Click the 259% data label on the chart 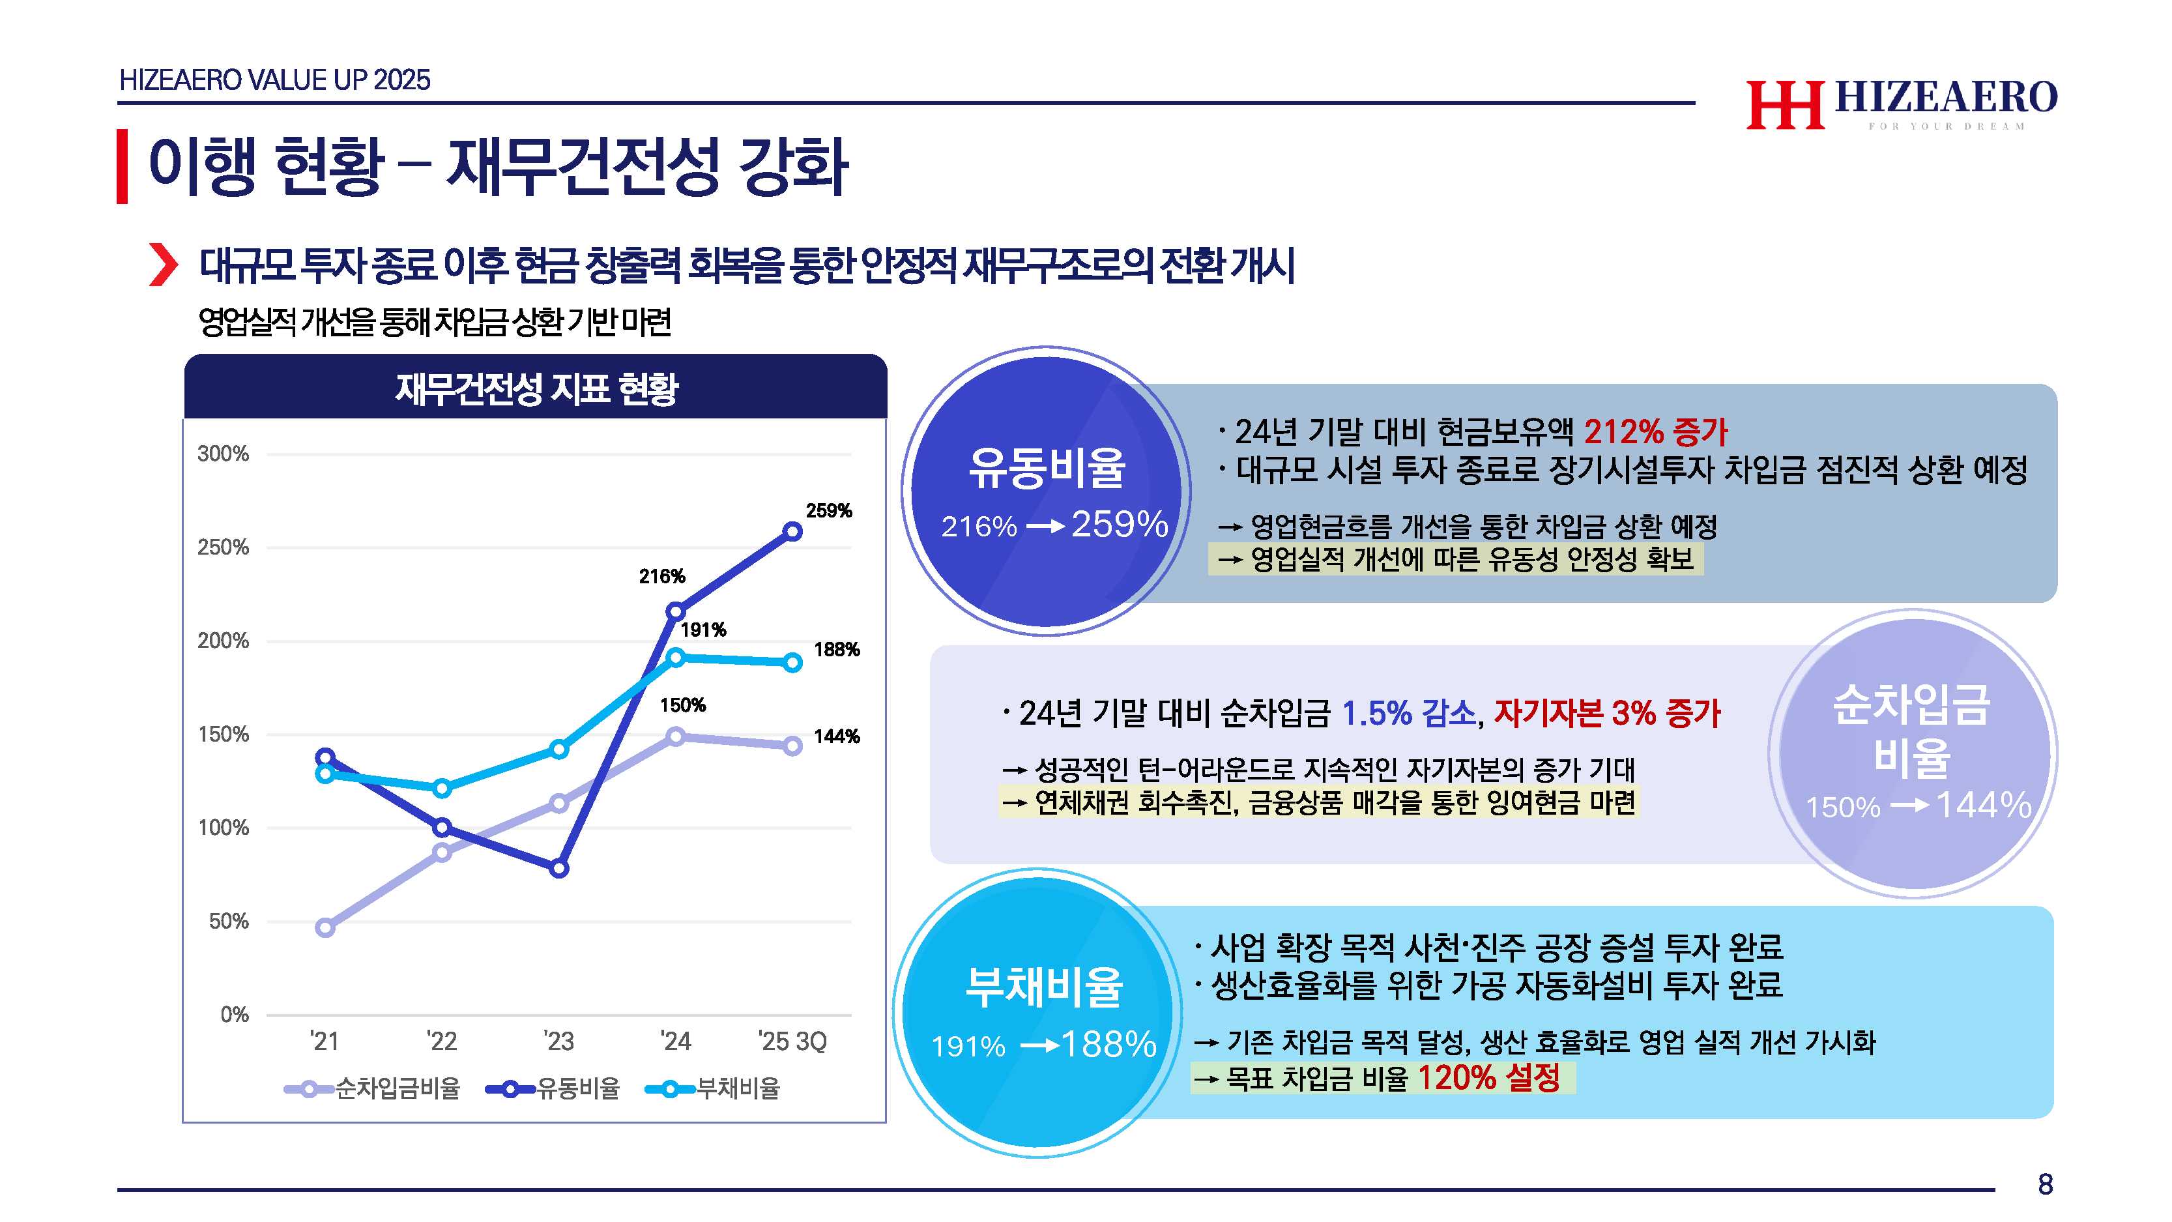pos(828,510)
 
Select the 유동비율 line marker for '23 pos(559,868)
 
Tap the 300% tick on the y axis pos(224,454)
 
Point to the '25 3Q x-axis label pos(792,1041)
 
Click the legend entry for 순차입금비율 pos(372,1089)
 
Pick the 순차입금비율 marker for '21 pos(325,927)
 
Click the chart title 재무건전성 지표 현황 pos(536,389)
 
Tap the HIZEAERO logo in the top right pos(1902,104)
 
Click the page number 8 pos(2045,1184)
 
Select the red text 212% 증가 pos(1655,432)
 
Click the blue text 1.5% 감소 pos(1408,714)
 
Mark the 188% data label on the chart pos(837,649)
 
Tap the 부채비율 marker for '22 pos(442,789)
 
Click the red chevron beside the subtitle pos(163,265)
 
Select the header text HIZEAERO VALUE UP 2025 pos(275,80)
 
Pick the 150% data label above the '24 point pos(682,705)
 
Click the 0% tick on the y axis pos(235,1015)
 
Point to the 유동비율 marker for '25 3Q pos(792,531)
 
